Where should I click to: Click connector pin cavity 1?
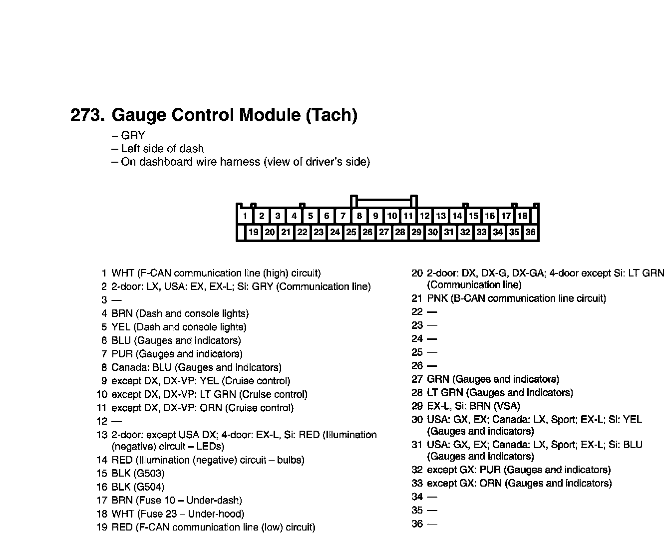[x=245, y=216]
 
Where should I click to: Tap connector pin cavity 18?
[x=522, y=216]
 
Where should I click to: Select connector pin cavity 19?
[x=254, y=232]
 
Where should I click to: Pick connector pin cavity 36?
[x=530, y=232]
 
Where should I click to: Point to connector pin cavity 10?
[x=392, y=216]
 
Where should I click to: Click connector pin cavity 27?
[x=383, y=232]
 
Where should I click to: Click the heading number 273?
[x=88, y=115]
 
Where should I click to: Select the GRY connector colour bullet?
[x=133, y=136]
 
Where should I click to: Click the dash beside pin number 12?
[x=116, y=421]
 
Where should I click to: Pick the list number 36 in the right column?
[x=417, y=524]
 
